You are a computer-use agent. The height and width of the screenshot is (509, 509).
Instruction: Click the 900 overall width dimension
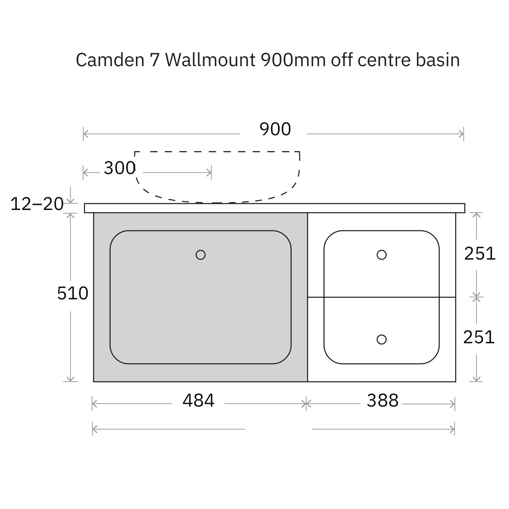click(275, 129)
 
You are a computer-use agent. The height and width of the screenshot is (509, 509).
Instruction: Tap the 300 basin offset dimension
click(120, 168)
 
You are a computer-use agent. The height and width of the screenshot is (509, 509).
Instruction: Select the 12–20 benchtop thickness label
click(37, 204)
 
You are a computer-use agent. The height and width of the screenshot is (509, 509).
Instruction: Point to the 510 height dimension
click(73, 293)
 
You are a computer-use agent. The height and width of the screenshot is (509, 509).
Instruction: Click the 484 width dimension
click(199, 401)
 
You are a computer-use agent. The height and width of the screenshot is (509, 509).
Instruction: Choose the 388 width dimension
click(382, 401)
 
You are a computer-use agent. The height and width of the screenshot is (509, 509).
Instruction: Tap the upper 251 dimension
click(480, 254)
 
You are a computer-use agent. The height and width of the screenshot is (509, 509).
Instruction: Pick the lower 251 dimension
click(479, 337)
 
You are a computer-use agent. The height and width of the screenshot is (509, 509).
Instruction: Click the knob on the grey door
click(200, 255)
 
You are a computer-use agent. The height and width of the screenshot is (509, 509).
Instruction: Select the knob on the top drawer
click(381, 255)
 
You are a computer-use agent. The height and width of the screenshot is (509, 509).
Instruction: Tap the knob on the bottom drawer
click(381, 339)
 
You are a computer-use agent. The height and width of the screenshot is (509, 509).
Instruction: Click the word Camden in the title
click(110, 60)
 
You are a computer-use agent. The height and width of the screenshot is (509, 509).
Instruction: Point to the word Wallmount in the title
click(210, 60)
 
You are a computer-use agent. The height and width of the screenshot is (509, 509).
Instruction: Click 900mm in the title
click(293, 60)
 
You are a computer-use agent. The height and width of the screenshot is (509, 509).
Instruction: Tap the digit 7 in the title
click(155, 60)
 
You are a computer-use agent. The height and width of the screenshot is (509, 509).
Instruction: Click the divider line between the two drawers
click(381, 297)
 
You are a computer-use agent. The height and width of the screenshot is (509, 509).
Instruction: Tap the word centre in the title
click(384, 60)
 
